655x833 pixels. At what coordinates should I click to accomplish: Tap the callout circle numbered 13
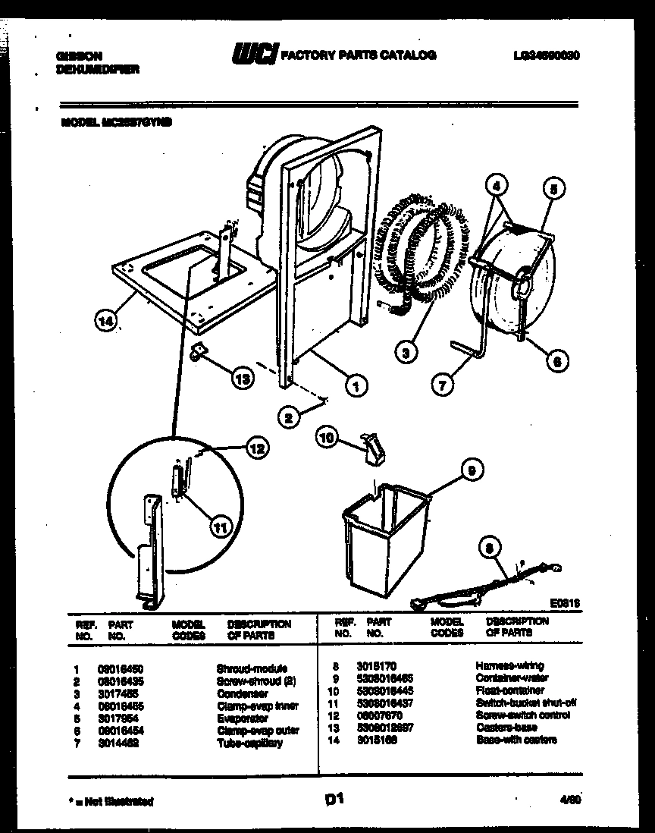tap(242, 379)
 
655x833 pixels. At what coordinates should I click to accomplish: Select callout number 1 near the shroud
tap(355, 385)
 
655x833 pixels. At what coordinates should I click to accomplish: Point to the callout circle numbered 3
tap(406, 351)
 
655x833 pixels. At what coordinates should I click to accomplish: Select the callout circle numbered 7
tap(441, 385)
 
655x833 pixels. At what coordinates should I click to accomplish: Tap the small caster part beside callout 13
tap(200, 350)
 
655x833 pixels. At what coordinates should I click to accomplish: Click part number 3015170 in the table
tap(376, 666)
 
